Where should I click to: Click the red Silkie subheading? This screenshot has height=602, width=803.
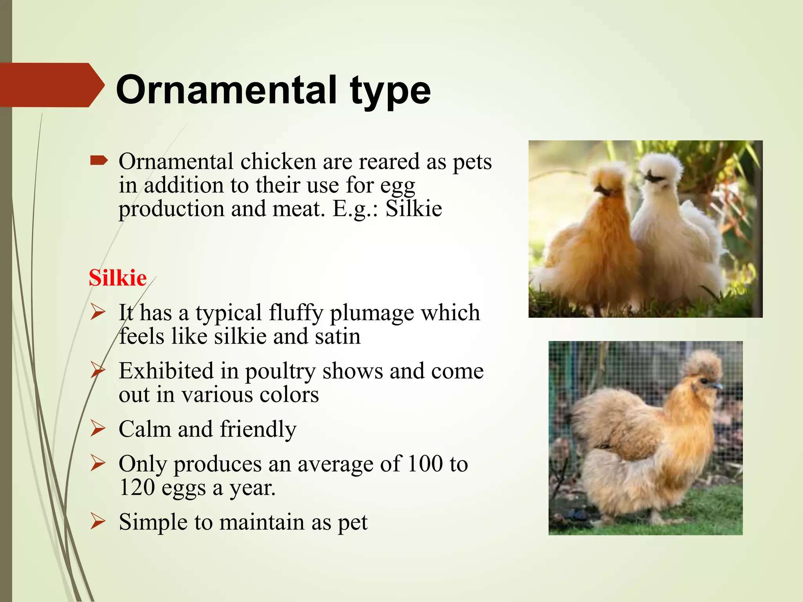click(x=118, y=278)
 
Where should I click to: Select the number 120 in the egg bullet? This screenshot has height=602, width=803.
click(x=137, y=488)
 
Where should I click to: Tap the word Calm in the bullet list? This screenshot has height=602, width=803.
click(x=145, y=429)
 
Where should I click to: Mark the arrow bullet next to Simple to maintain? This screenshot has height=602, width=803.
click(x=98, y=522)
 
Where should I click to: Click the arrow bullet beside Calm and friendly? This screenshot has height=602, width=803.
click(x=98, y=428)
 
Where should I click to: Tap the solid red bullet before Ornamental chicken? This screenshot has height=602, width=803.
click(x=98, y=161)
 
